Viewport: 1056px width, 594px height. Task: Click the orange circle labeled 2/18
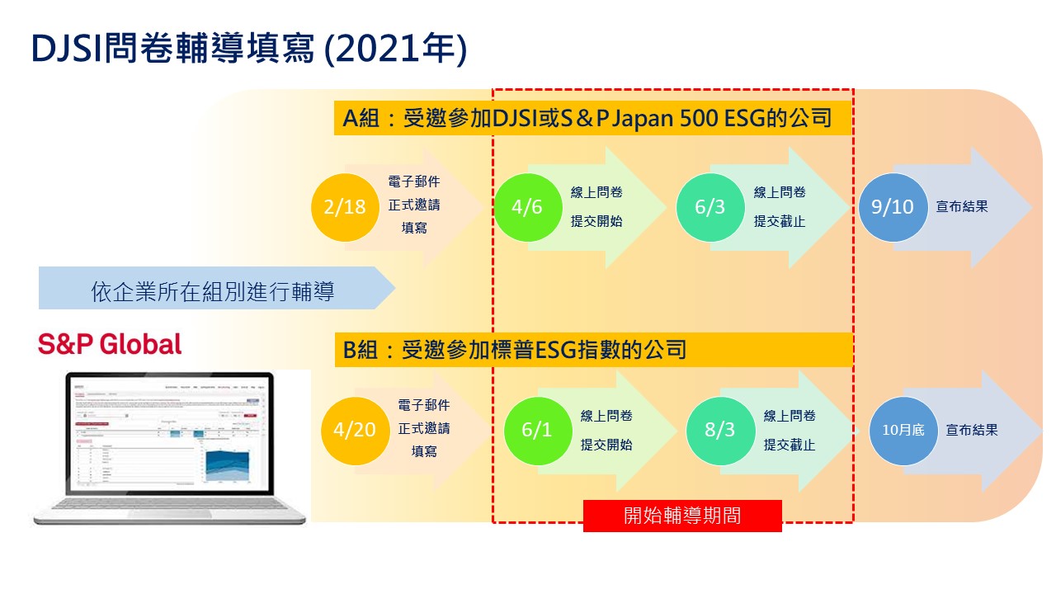pyautogui.click(x=345, y=206)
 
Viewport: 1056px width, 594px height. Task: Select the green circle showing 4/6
pyautogui.click(x=527, y=206)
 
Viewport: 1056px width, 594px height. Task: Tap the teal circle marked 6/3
pyautogui.click(x=709, y=206)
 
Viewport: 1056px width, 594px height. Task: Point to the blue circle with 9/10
pyautogui.click(x=893, y=206)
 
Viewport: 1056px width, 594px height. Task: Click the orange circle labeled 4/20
pyautogui.click(x=355, y=430)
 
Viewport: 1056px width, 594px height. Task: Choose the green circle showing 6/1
pyautogui.click(x=537, y=430)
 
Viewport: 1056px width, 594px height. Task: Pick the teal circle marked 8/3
pyautogui.click(x=719, y=430)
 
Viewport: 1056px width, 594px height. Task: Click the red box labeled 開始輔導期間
pyautogui.click(x=682, y=516)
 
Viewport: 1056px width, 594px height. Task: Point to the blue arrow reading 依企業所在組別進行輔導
pyautogui.click(x=213, y=290)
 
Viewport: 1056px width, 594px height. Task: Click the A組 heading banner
pyautogui.click(x=593, y=119)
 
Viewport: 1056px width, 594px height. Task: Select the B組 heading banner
pyautogui.click(x=593, y=350)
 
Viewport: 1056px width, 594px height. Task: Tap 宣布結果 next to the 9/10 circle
pyautogui.click(x=962, y=207)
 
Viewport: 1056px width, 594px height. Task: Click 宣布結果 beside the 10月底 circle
pyautogui.click(x=972, y=430)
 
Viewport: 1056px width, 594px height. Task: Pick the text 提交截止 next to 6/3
pyautogui.click(x=779, y=221)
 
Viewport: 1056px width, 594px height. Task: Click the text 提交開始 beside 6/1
pyautogui.click(x=606, y=445)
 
